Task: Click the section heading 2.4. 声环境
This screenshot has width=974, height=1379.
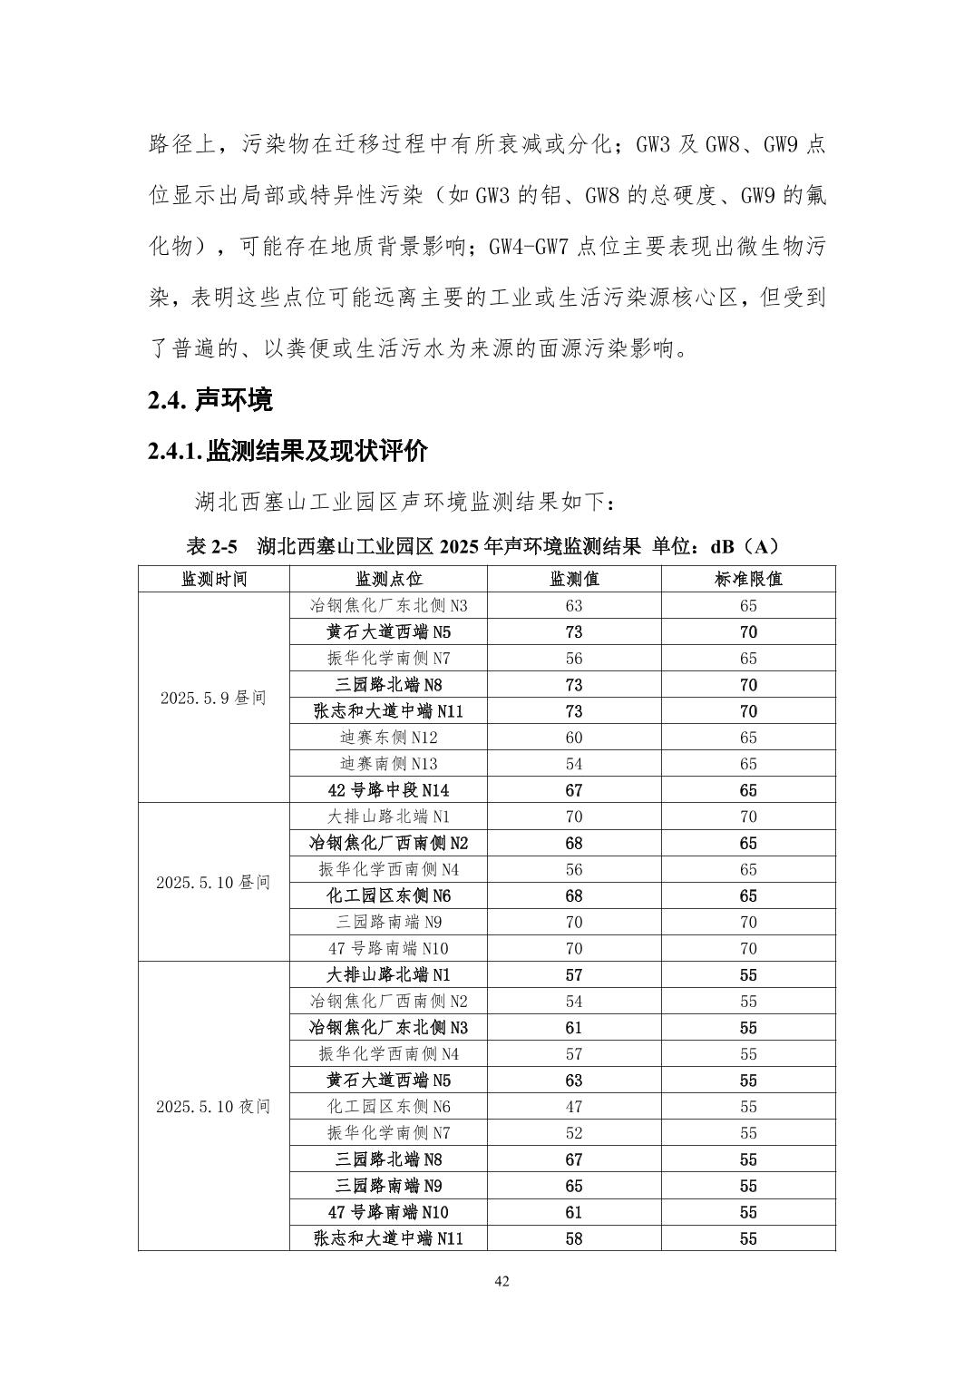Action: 210,399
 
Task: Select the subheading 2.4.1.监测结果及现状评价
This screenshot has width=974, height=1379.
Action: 287,451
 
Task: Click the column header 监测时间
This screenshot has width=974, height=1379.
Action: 214,580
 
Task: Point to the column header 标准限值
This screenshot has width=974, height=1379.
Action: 748,580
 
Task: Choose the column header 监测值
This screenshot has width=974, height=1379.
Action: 574,580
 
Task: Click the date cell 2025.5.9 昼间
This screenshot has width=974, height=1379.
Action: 214,698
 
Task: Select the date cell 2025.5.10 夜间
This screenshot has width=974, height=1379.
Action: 214,1107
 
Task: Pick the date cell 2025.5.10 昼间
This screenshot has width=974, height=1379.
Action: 214,882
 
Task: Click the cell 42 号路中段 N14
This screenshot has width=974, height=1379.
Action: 388,790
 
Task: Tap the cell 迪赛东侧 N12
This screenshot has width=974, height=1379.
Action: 388,738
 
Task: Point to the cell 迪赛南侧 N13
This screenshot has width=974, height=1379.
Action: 388,764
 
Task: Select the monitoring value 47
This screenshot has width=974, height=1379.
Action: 574,1107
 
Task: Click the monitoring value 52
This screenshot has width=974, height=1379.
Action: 574,1133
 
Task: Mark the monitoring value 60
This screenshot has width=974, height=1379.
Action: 574,738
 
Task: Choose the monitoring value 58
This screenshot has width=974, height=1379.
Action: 574,1238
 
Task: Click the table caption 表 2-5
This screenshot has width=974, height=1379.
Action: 211,547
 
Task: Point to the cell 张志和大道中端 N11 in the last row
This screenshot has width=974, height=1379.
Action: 388,1238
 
